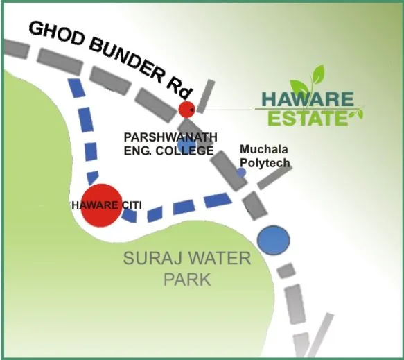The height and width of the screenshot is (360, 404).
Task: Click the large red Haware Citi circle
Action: [x=101, y=205]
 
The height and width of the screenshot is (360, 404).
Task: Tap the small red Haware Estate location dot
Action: [x=186, y=109]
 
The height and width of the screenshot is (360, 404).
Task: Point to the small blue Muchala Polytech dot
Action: [x=241, y=172]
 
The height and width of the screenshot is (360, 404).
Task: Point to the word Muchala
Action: [x=263, y=150]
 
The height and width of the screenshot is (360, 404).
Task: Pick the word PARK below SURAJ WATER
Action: [x=186, y=281]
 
